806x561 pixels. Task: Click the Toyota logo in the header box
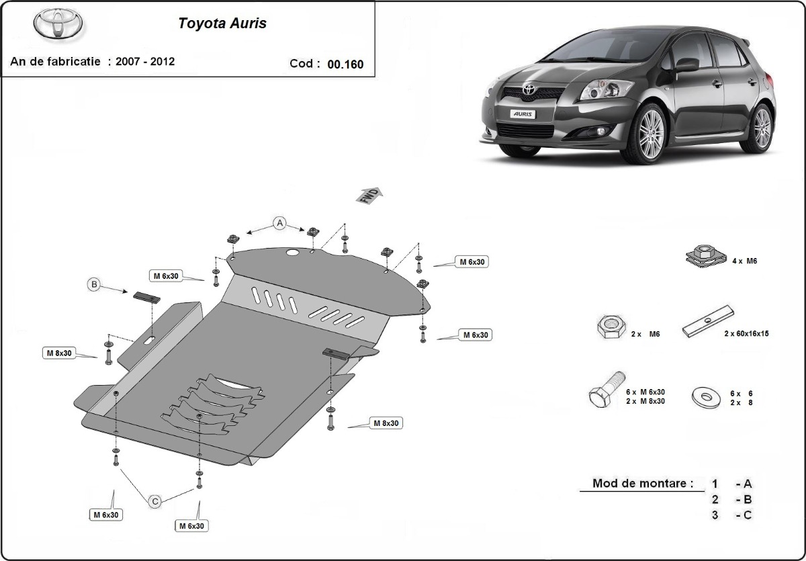click(58, 25)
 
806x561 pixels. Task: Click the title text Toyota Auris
click(222, 24)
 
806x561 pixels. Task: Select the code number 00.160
click(345, 64)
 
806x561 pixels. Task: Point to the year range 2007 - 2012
click(144, 61)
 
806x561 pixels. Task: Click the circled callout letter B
click(94, 285)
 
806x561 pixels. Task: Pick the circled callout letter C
click(154, 501)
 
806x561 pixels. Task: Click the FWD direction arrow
click(370, 195)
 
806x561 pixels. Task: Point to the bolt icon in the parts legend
click(607, 389)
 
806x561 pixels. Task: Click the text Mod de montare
click(642, 483)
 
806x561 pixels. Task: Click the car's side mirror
click(686, 65)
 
